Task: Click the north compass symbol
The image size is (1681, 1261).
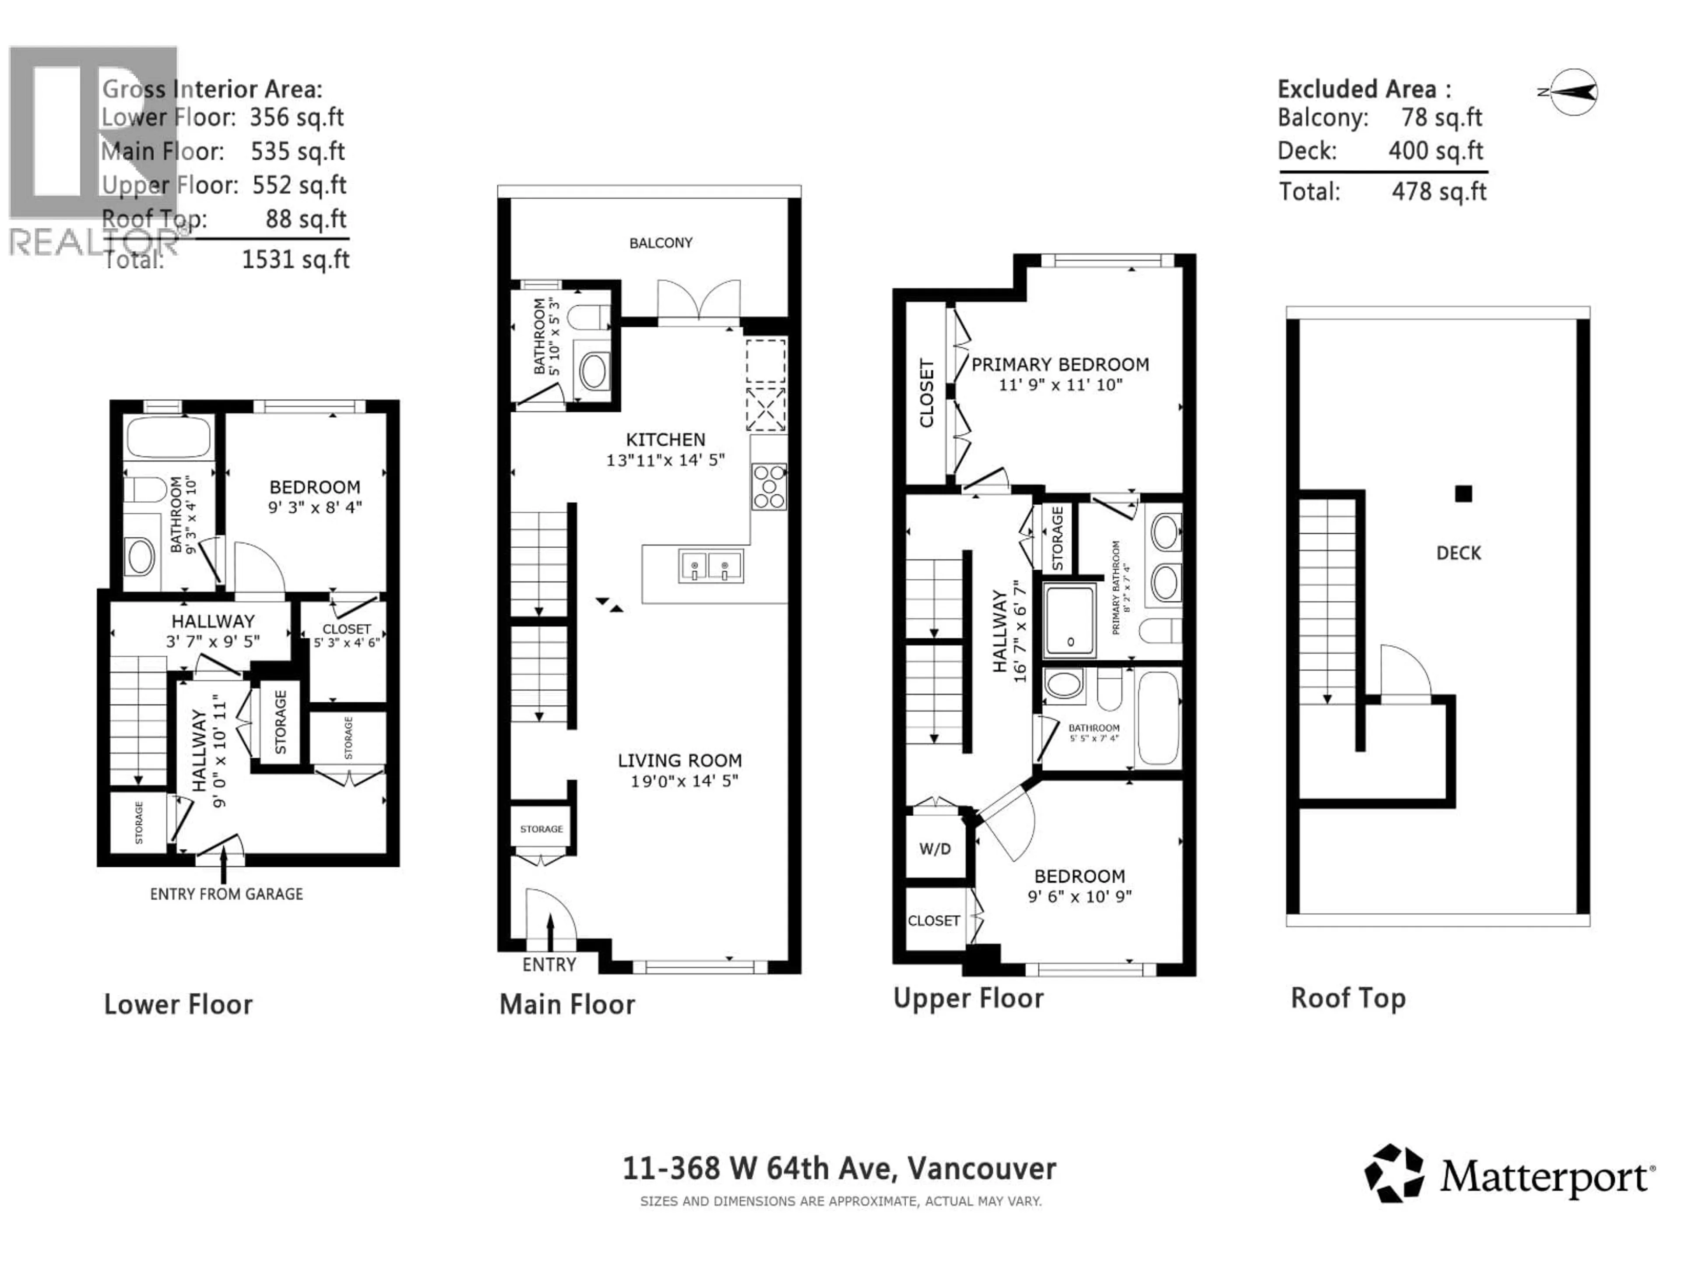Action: [1572, 92]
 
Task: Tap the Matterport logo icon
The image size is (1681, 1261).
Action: [1394, 1174]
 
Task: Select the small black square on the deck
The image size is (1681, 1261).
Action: [1463, 494]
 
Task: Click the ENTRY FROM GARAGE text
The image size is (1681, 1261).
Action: [226, 895]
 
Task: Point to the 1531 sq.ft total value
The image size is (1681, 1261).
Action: [295, 260]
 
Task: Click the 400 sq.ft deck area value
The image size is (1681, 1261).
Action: [1435, 151]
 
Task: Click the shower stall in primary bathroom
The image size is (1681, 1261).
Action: [1070, 621]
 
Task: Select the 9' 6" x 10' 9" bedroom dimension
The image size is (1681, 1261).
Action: [1079, 897]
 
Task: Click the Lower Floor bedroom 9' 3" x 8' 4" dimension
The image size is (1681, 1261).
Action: [315, 507]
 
